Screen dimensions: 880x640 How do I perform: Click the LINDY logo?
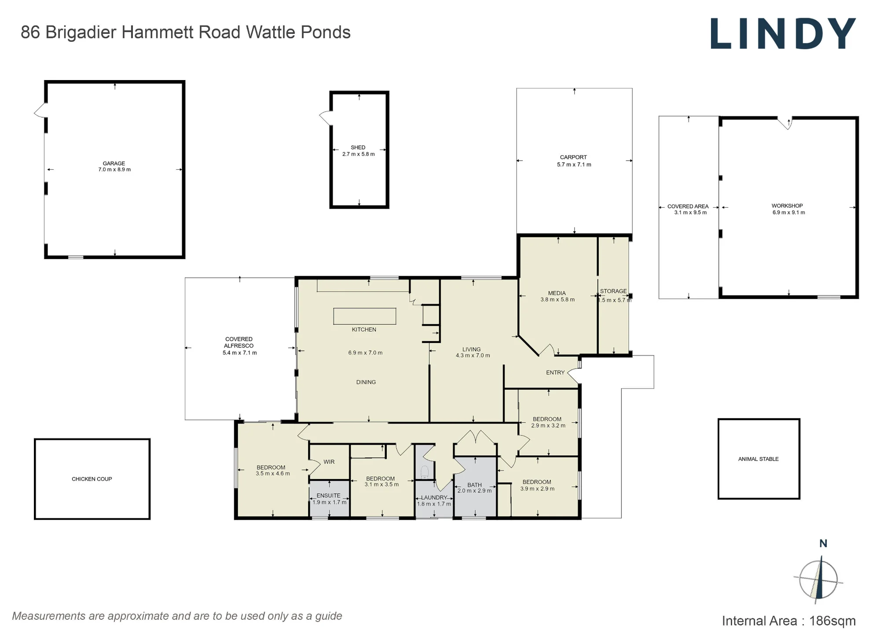(x=783, y=33)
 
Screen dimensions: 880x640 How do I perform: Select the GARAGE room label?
(x=114, y=163)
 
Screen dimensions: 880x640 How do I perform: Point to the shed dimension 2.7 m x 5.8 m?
(x=359, y=154)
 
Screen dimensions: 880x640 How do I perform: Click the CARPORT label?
(x=573, y=157)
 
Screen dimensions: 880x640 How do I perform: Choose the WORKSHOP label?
(x=787, y=205)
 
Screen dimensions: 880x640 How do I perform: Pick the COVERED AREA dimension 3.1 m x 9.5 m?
(x=690, y=212)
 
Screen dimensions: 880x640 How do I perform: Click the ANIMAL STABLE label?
(x=759, y=459)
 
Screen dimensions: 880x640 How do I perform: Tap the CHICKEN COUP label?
(x=92, y=479)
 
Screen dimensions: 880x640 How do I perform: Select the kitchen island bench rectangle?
(x=365, y=316)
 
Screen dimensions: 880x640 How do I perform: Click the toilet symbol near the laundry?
(x=425, y=472)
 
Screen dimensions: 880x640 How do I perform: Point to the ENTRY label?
(x=555, y=373)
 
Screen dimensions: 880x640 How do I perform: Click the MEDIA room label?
(x=557, y=293)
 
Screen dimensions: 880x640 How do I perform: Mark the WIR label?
(x=329, y=462)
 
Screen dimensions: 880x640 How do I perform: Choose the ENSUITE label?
(x=329, y=495)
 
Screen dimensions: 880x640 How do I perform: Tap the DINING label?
(x=366, y=382)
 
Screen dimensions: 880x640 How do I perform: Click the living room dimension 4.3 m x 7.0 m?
(x=473, y=355)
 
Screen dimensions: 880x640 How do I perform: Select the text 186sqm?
(x=832, y=621)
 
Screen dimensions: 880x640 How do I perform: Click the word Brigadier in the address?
(x=81, y=33)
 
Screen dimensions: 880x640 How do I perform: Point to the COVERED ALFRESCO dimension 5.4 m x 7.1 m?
(x=240, y=353)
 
